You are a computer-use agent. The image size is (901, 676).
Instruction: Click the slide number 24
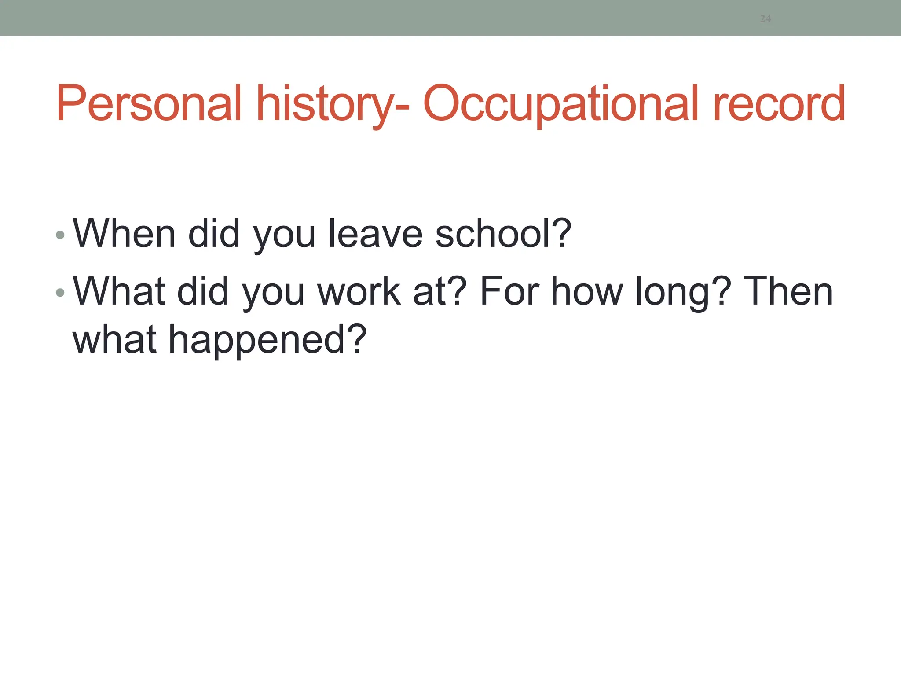[x=765, y=18]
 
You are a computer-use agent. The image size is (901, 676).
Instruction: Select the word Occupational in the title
[x=560, y=104]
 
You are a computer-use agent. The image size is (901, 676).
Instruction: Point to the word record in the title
[x=779, y=104]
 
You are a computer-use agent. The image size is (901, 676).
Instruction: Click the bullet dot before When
[x=60, y=235]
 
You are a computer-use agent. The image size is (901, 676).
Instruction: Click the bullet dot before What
[x=60, y=293]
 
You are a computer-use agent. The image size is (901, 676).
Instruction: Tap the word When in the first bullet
[x=124, y=234]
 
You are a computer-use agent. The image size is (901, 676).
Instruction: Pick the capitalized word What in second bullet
[x=119, y=291]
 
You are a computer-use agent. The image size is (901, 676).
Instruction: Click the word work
[x=359, y=291]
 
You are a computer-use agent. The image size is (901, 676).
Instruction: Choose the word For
[x=509, y=291]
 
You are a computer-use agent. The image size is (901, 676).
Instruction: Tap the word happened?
[x=267, y=340]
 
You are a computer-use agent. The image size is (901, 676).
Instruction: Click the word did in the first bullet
[x=214, y=234]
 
